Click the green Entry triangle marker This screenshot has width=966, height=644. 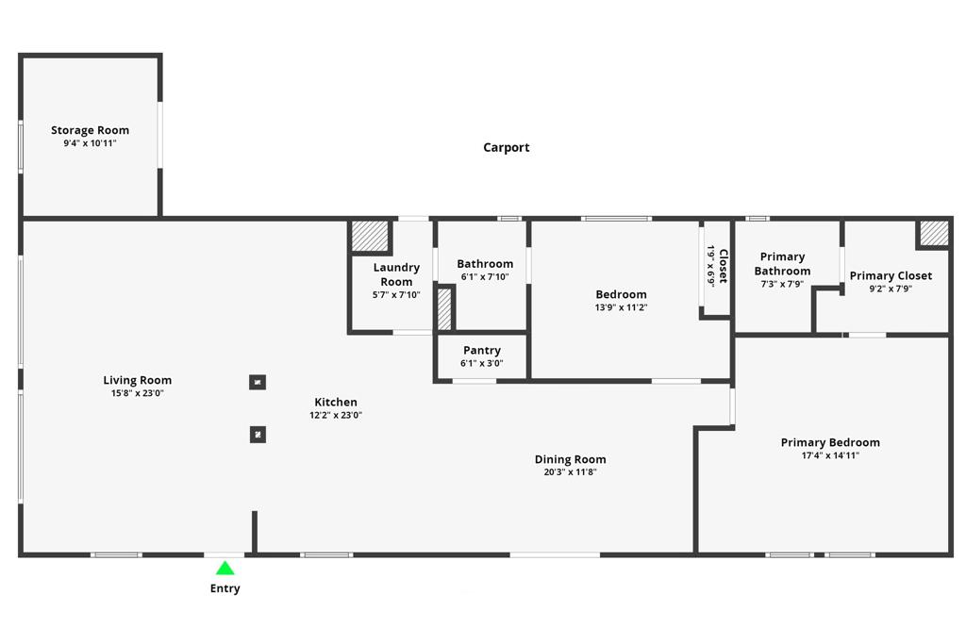click(225, 569)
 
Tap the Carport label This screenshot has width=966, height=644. click(507, 147)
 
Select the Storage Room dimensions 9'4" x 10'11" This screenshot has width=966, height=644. click(90, 143)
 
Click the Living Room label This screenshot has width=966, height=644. click(138, 380)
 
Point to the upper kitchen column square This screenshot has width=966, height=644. click(258, 382)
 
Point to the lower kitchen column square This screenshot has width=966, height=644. click(258, 435)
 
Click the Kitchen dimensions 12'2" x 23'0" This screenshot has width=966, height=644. click(336, 415)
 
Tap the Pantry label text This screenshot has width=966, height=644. click(482, 351)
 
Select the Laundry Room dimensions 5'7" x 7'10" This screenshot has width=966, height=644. click(396, 295)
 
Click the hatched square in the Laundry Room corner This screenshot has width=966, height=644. click(370, 236)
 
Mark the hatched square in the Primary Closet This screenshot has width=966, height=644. click(934, 233)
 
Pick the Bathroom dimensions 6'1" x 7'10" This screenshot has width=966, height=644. click(485, 277)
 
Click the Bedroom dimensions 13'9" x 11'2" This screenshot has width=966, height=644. click(621, 307)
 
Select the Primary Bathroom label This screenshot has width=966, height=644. click(782, 263)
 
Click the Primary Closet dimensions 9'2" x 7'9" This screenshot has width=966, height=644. click(891, 289)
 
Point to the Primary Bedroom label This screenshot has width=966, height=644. click(830, 442)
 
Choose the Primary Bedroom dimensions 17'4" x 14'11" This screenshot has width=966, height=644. click(830, 455)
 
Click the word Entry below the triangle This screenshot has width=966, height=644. click(225, 588)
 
